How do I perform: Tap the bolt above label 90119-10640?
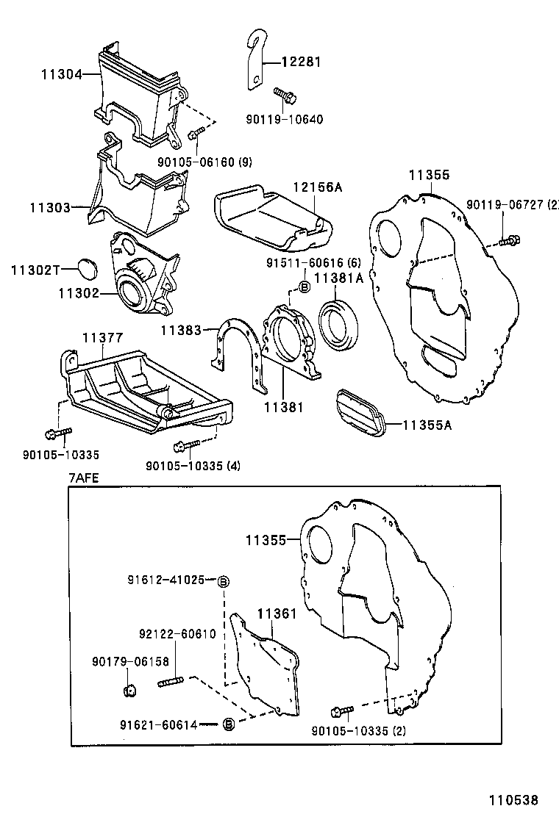pyautogui.click(x=283, y=95)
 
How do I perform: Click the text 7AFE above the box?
pyautogui.click(x=83, y=477)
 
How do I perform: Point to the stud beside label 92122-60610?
pyautogui.click(x=170, y=683)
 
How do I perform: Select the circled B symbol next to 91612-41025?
pyautogui.click(x=224, y=581)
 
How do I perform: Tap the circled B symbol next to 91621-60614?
pyautogui.click(x=227, y=724)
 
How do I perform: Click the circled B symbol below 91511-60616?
pyautogui.click(x=302, y=287)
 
